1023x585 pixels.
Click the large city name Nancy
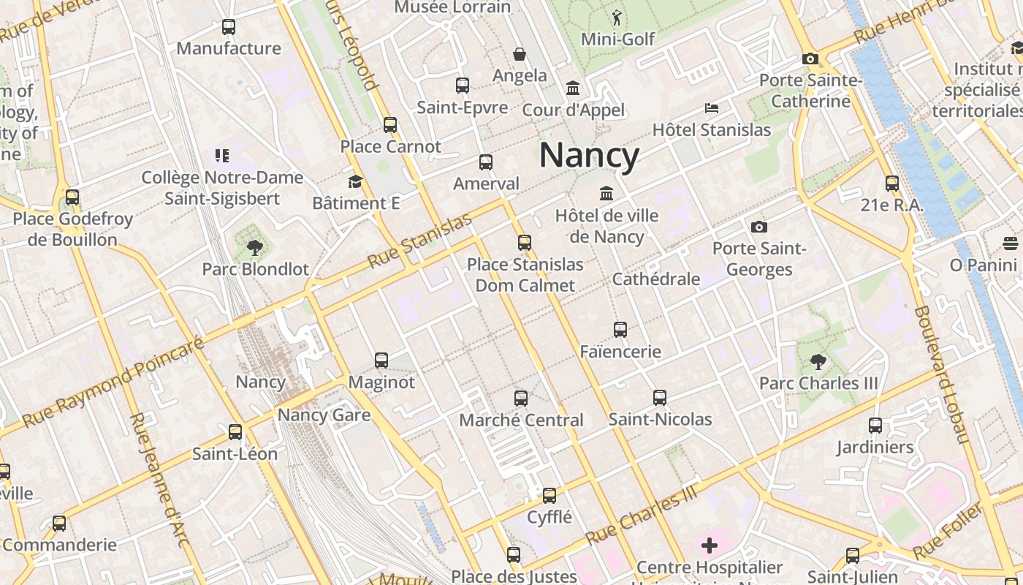pyautogui.click(x=589, y=156)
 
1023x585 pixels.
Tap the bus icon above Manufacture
pyautogui.click(x=229, y=28)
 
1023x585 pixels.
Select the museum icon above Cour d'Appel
pyautogui.click(x=574, y=89)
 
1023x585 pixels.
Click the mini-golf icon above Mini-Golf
pyautogui.click(x=617, y=17)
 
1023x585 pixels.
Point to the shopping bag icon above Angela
pyautogui.click(x=520, y=54)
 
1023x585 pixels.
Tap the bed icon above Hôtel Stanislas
pyautogui.click(x=712, y=108)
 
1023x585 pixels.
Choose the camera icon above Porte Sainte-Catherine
pyautogui.click(x=810, y=58)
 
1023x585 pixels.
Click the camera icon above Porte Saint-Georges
pyautogui.click(x=759, y=227)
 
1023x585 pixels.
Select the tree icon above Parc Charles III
pyautogui.click(x=818, y=361)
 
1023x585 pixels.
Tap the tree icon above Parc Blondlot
pyautogui.click(x=255, y=247)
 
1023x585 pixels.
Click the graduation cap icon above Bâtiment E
pyautogui.click(x=356, y=181)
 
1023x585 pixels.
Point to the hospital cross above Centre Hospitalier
pyautogui.click(x=709, y=546)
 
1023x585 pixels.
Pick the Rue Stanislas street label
pyautogui.click(x=419, y=241)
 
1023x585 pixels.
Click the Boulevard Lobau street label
pyautogui.click(x=941, y=374)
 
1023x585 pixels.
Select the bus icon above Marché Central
pyautogui.click(x=521, y=399)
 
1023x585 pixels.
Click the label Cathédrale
pyautogui.click(x=655, y=279)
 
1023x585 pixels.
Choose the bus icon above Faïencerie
pyautogui.click(x=620, y=330)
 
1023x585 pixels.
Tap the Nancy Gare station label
pyautogui.click(x=324, y=415)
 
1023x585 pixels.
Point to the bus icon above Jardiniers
pyautogui.click(x=875, y=426)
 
